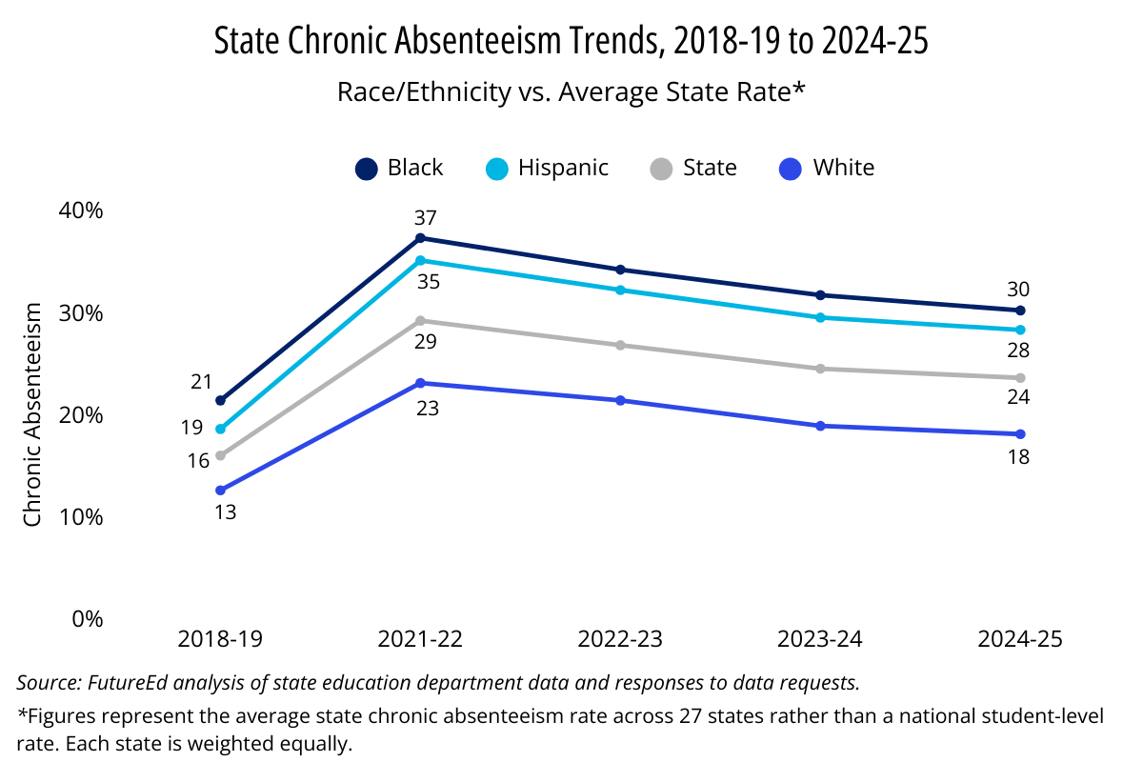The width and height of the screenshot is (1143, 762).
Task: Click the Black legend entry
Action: point(400,169)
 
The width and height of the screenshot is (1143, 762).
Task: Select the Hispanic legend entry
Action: point(547,169)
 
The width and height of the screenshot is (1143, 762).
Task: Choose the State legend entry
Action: point(694,169)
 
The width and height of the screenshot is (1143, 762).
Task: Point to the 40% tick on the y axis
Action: point(80,211)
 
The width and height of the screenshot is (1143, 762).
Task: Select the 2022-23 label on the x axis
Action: point(620,639)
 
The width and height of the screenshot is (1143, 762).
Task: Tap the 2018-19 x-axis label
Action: point(220,639)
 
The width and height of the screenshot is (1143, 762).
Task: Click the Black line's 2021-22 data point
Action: point(420,237)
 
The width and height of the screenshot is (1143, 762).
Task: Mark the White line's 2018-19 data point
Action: point(220,491)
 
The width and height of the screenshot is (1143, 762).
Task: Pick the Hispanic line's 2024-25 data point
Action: point(1020,330)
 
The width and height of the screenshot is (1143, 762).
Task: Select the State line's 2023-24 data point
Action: point(820,369)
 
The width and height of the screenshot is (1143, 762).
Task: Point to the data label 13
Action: point(225,511)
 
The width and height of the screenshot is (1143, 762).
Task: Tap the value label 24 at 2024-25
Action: point(1018,397)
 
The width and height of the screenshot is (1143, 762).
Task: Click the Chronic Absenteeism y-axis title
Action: point(33,415)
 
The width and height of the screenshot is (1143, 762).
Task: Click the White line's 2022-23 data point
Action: point(620,400)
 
